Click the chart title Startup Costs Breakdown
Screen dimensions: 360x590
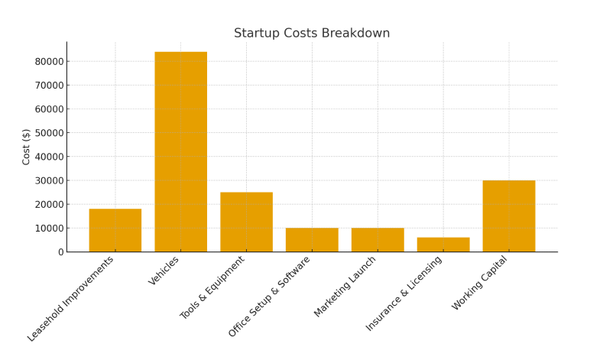point(312,34)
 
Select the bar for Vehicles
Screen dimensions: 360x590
point(180,152)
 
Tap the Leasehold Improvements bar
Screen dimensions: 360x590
point(115,230)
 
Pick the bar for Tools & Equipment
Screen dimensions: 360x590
point(246,222)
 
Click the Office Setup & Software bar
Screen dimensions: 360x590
point(312,240)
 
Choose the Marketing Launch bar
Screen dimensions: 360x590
point(378,240)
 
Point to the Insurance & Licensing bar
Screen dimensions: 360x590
point(443,245)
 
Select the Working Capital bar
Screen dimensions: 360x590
point(509,216)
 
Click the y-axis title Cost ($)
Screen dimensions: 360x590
point(27,147)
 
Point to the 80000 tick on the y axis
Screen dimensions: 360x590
point(47,61)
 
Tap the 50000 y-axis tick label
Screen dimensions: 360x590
point(47,133)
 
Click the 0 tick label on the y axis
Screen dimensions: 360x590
point(59,252)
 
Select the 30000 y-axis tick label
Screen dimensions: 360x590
point(47,180)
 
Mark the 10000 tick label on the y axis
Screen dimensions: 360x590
point(47,229)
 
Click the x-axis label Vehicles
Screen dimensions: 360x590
point(164,271)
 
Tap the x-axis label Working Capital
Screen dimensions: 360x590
point(480,283)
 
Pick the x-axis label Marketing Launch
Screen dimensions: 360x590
point(345,287)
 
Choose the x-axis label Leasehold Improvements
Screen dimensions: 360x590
point(71,298)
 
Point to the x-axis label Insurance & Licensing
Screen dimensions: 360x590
point(404,293)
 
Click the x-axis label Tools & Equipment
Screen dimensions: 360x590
point(213,287)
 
